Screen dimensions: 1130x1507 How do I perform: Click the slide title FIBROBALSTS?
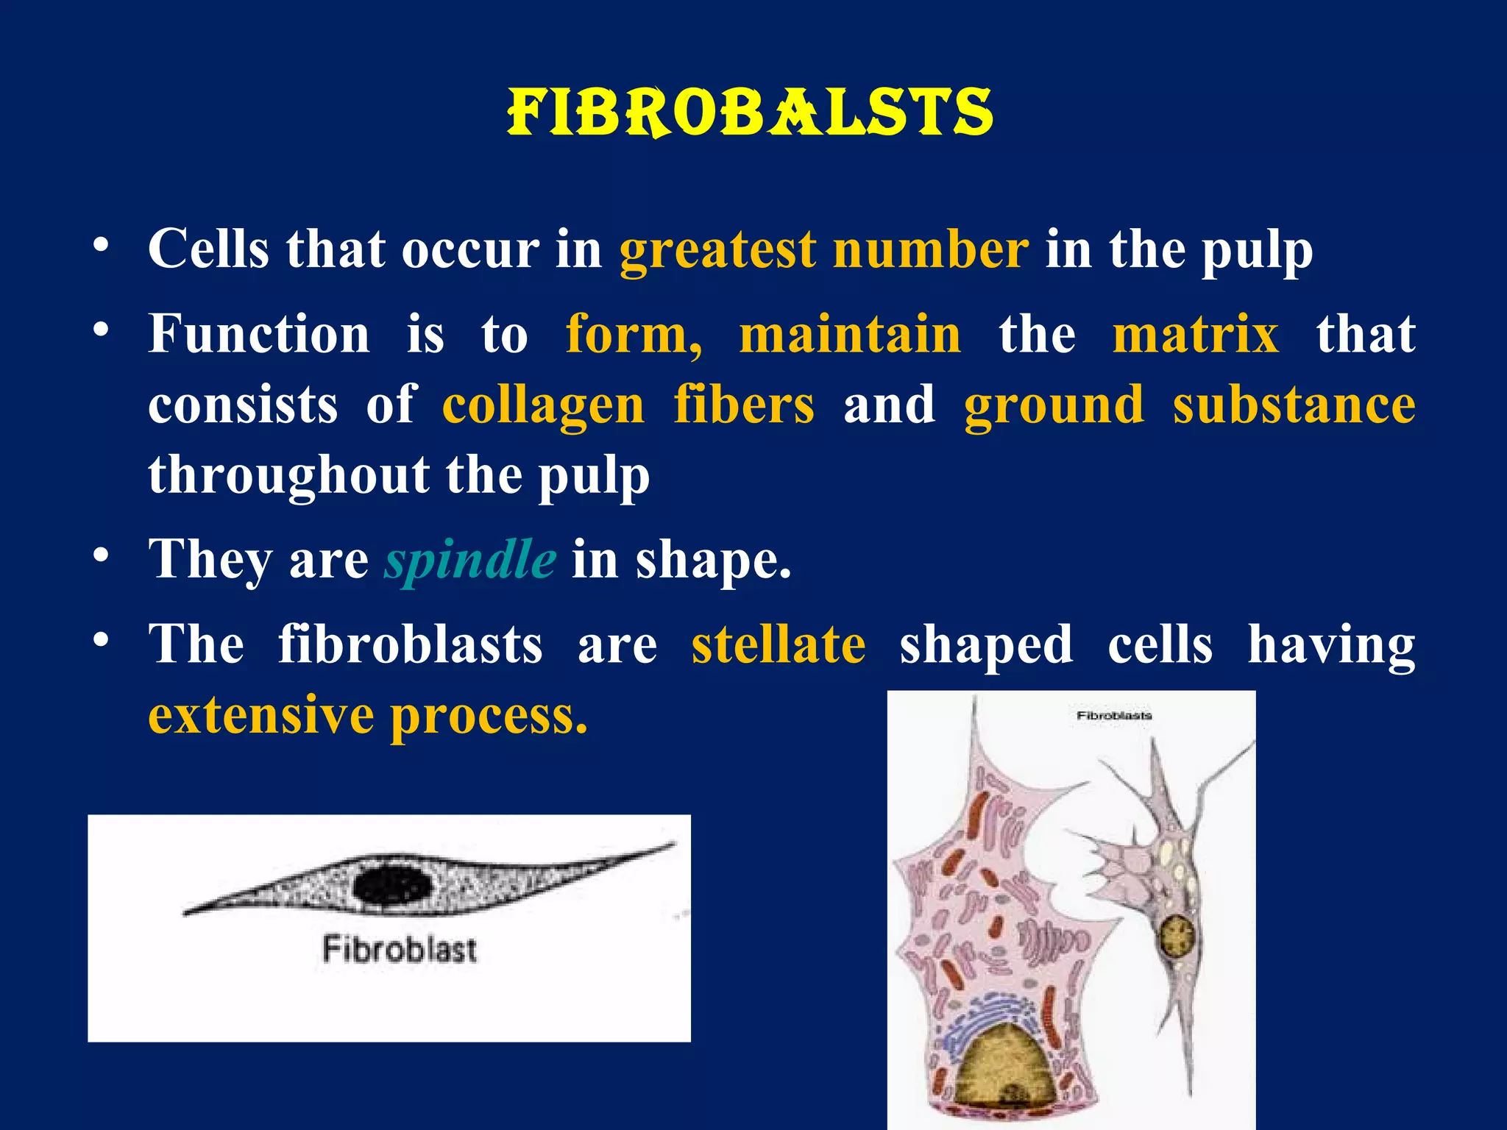[750, 113]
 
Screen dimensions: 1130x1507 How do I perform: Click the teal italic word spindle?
[470, 560]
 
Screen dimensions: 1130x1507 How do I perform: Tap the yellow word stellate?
[779, 644]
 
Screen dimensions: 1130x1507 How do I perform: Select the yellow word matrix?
[1196, 334]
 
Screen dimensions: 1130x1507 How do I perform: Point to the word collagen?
[543, 405]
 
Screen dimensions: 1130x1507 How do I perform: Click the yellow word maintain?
[850, 334]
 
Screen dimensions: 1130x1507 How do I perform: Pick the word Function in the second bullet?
[259, 334]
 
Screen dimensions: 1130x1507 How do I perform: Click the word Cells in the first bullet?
[209, 249]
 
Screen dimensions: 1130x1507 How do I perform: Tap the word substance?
[1294, 405]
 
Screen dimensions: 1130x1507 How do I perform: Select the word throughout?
[288, 475]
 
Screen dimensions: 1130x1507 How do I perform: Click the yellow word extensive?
[260, 714]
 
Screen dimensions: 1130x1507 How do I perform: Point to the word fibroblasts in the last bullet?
[411, 644]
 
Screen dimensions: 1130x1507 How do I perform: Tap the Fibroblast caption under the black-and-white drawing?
[400, 949]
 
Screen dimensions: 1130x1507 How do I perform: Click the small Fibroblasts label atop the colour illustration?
[1114, 715]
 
